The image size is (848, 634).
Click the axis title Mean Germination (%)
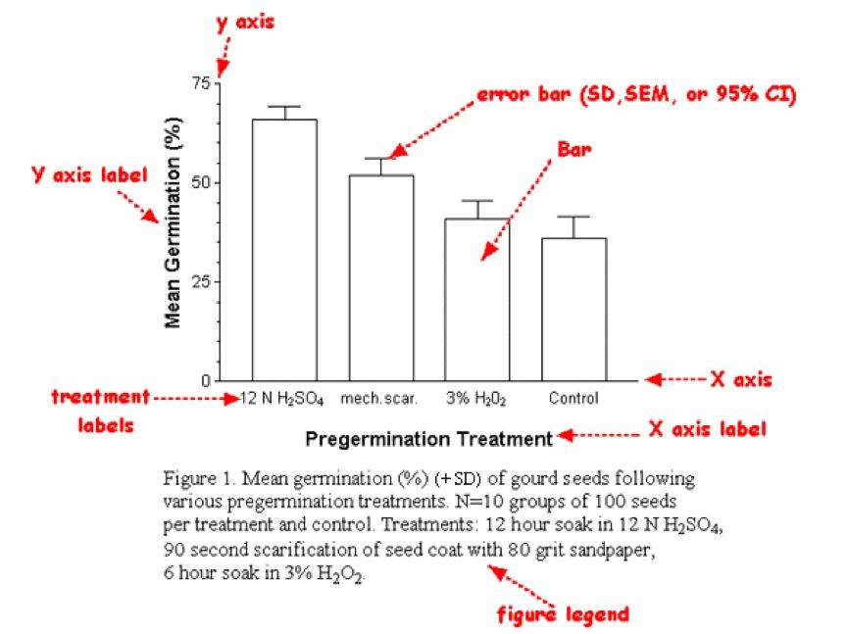[173, 231]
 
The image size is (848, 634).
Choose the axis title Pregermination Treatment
[428, 438]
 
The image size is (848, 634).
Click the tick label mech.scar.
[379, 399]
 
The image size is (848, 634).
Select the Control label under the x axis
[574, 399]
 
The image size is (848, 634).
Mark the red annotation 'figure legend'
[564, 614]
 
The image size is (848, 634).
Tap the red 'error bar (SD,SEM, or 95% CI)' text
[636, 95]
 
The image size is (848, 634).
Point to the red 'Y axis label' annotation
[90, 176]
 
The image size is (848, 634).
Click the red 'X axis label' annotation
[707, 429]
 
